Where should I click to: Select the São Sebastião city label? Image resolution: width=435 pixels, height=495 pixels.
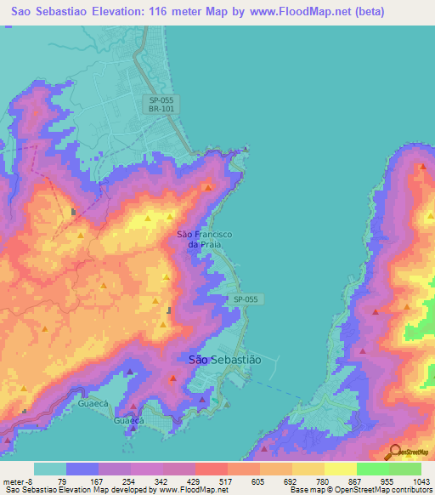click(x=224, y=360)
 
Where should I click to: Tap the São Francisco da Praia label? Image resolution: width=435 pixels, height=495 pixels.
click(x=199, y=239)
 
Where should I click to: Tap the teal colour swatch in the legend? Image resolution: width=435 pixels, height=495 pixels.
click(x=50, y=469)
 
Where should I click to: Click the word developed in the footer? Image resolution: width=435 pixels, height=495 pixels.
click(x=130, y=489)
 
